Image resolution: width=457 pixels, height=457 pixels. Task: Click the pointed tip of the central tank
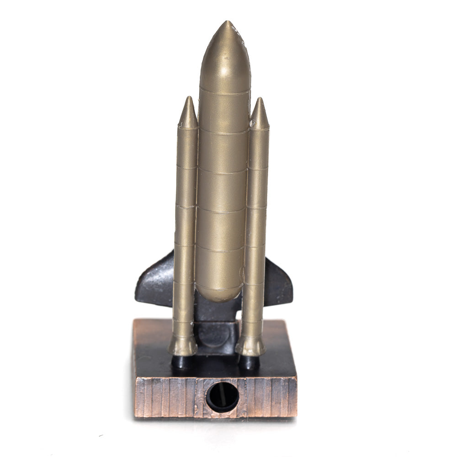point(226,23)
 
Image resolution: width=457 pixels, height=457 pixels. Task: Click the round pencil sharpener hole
point(222,396)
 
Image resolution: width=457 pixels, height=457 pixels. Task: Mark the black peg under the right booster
point(249,362)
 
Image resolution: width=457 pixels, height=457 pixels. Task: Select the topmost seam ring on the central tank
point(224,91)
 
